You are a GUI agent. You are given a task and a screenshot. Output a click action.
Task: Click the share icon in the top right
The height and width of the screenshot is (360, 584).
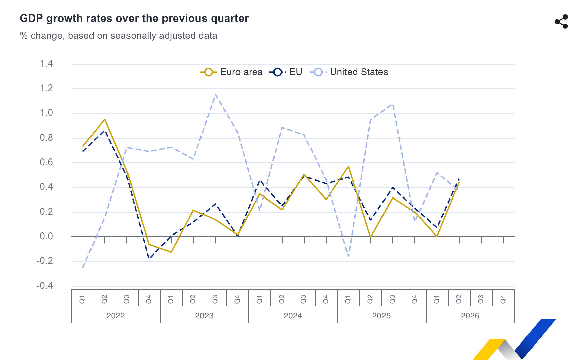coord(561,22)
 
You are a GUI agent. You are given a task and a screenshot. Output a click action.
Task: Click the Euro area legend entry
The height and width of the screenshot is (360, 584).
coord(231,72)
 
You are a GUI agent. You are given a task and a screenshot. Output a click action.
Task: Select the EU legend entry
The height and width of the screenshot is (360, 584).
coord(286,72)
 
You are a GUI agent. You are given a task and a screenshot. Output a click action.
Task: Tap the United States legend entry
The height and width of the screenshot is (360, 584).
coord(349,72)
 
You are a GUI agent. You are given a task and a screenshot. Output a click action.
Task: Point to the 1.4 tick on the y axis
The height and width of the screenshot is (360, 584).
coord(46,64)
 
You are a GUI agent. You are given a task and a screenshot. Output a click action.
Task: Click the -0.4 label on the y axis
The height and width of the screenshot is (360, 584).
coord(45,286)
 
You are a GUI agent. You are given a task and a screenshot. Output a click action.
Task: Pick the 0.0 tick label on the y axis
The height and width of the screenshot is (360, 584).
coord(46,236)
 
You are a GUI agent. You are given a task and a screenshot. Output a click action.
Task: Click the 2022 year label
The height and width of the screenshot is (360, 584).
coord(116,316)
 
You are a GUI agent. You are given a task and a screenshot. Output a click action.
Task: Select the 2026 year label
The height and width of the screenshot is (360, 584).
coord(470,316)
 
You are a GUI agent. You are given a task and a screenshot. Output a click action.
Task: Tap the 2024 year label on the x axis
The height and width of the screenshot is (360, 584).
coord(293,316)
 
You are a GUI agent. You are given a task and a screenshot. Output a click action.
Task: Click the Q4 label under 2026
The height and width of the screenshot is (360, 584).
coord(503,299)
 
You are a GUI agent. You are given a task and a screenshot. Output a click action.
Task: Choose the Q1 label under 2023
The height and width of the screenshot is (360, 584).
coord(171,299)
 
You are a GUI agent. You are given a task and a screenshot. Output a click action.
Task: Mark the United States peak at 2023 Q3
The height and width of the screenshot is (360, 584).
coord(215,94)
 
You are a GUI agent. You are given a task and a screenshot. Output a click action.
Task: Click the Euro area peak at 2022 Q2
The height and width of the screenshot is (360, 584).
coord(105,119)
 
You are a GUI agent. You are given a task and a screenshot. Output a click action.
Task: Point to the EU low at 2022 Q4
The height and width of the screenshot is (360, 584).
coord(149,258)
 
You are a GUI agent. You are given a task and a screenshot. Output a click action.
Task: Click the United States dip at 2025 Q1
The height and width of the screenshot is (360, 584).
coord(348,256)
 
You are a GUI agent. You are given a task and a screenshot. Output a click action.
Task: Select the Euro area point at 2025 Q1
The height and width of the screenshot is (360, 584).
coord(348,167)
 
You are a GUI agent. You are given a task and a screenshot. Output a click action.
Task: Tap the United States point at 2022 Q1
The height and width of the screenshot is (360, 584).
coord(83,268)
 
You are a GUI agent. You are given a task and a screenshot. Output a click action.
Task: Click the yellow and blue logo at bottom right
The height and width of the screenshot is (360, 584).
coord(514,339)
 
